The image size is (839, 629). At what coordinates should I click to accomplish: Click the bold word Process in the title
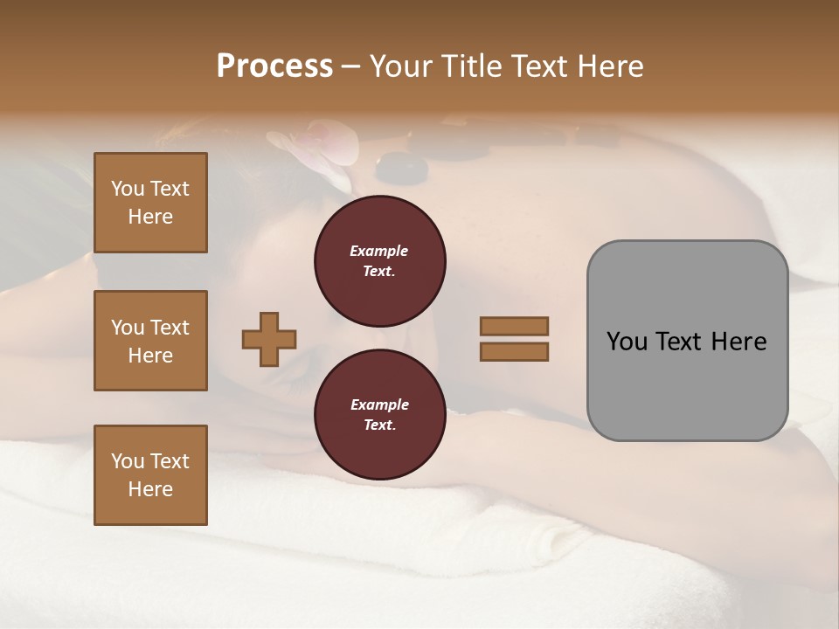274,66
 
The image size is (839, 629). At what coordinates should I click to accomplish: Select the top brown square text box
150,203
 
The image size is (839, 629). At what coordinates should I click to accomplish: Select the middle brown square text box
150,341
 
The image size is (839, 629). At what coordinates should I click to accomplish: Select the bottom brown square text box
150,475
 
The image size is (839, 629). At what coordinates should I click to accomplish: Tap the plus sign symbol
269,339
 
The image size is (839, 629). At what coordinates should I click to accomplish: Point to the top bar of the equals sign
514,326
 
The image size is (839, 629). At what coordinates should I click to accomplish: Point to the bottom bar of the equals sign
514,351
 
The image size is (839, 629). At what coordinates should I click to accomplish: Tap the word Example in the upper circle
379,251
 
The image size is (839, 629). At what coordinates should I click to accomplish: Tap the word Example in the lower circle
379,404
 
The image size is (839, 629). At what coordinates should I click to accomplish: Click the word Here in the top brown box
150,218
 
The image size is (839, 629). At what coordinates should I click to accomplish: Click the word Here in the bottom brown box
150,490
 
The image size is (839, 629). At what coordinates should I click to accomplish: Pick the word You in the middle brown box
128,328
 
